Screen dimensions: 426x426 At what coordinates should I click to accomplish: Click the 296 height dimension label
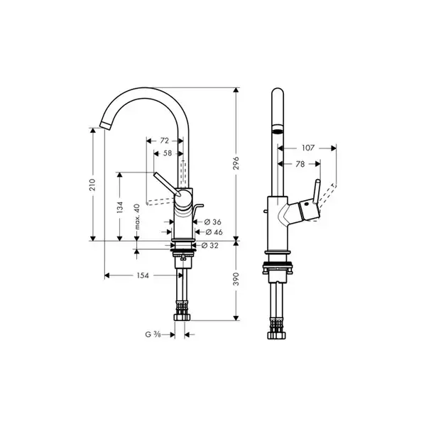236,163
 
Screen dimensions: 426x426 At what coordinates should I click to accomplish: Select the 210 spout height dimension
92,185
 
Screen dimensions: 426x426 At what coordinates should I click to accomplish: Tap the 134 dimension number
119,207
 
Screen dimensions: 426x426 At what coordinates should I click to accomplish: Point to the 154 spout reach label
143,275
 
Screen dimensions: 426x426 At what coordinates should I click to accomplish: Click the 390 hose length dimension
236,279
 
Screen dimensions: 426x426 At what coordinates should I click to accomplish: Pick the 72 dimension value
165,141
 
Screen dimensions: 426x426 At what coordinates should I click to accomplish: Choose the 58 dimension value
168,153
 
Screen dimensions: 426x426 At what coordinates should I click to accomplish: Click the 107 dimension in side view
308,148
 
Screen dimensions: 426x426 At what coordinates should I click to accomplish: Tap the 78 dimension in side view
300,164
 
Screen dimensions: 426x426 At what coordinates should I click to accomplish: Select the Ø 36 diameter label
213,222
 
